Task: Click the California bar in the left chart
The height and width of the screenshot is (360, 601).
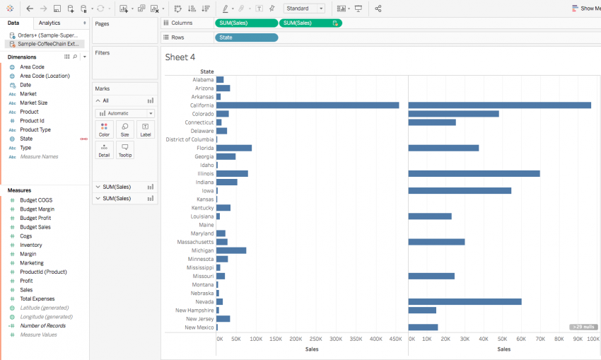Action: click(x=308, y=105)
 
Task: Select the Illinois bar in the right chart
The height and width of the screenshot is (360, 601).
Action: click(x=474, y=173)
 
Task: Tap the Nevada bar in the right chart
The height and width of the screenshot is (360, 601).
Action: click(x=465, y=301)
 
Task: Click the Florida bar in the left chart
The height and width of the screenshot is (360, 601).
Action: click(x=234, y=148)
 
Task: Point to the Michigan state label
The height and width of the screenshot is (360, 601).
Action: click(x=202, y=250)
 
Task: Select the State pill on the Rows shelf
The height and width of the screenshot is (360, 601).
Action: click(x=246, y=37)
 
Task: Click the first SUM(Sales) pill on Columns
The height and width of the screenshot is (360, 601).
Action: click(x=246, y=23)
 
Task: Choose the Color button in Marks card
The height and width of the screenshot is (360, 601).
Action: click(x=104, y=129)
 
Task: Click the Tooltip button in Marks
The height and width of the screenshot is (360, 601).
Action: click(x=124, y=150)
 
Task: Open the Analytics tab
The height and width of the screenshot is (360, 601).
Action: click(x=49, y=23)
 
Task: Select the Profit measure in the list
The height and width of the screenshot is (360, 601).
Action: click(x=26, y=281)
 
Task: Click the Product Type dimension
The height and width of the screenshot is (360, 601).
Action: click(x=35, y=129)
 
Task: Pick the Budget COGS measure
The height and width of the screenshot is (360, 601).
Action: click(x=36, y=200)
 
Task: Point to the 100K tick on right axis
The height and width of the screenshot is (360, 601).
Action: click(x=593, y=339)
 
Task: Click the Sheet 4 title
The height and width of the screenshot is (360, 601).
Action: click(x=180, y=57)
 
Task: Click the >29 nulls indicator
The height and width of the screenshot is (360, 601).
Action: click(x=583, y=327)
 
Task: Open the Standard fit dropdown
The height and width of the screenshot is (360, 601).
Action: click(x=305, y=8)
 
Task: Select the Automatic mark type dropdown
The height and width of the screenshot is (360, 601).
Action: click(x=125, y=113)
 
